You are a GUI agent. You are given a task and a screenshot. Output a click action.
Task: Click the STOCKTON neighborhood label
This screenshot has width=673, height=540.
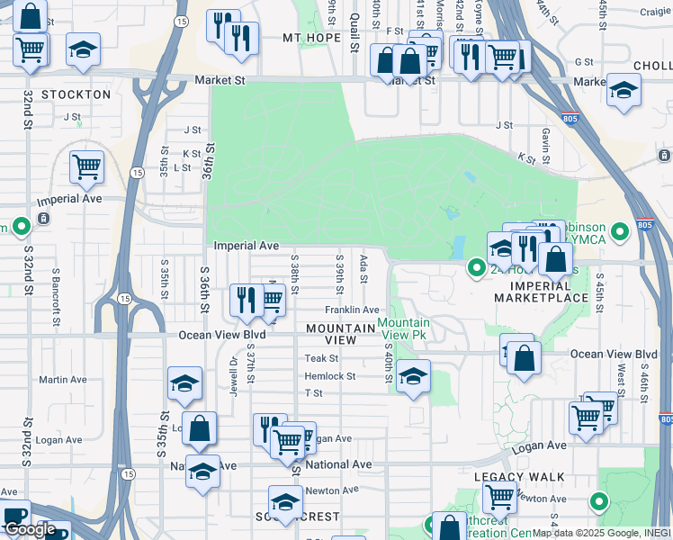point(76,94)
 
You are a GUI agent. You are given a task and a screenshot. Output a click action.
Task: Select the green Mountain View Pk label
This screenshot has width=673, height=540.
point(403,328)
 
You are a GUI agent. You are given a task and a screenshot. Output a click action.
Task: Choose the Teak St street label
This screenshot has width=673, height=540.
point(320,358)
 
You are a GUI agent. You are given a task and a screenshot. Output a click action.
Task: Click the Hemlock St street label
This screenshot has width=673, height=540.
point(330,376)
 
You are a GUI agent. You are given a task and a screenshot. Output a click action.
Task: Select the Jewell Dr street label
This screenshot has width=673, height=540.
point(233,374)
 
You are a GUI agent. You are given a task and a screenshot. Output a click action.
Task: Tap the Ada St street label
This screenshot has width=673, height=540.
point(363,267)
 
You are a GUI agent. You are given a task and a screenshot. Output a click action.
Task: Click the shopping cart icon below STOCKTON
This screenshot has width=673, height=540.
point(86,165)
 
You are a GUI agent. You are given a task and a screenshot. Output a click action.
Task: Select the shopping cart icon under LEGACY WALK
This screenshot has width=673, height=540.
point(498,495)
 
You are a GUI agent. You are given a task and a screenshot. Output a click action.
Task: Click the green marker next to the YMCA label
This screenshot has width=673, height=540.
point(619,232)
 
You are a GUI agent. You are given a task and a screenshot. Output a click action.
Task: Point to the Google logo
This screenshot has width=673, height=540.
point(31,529)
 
